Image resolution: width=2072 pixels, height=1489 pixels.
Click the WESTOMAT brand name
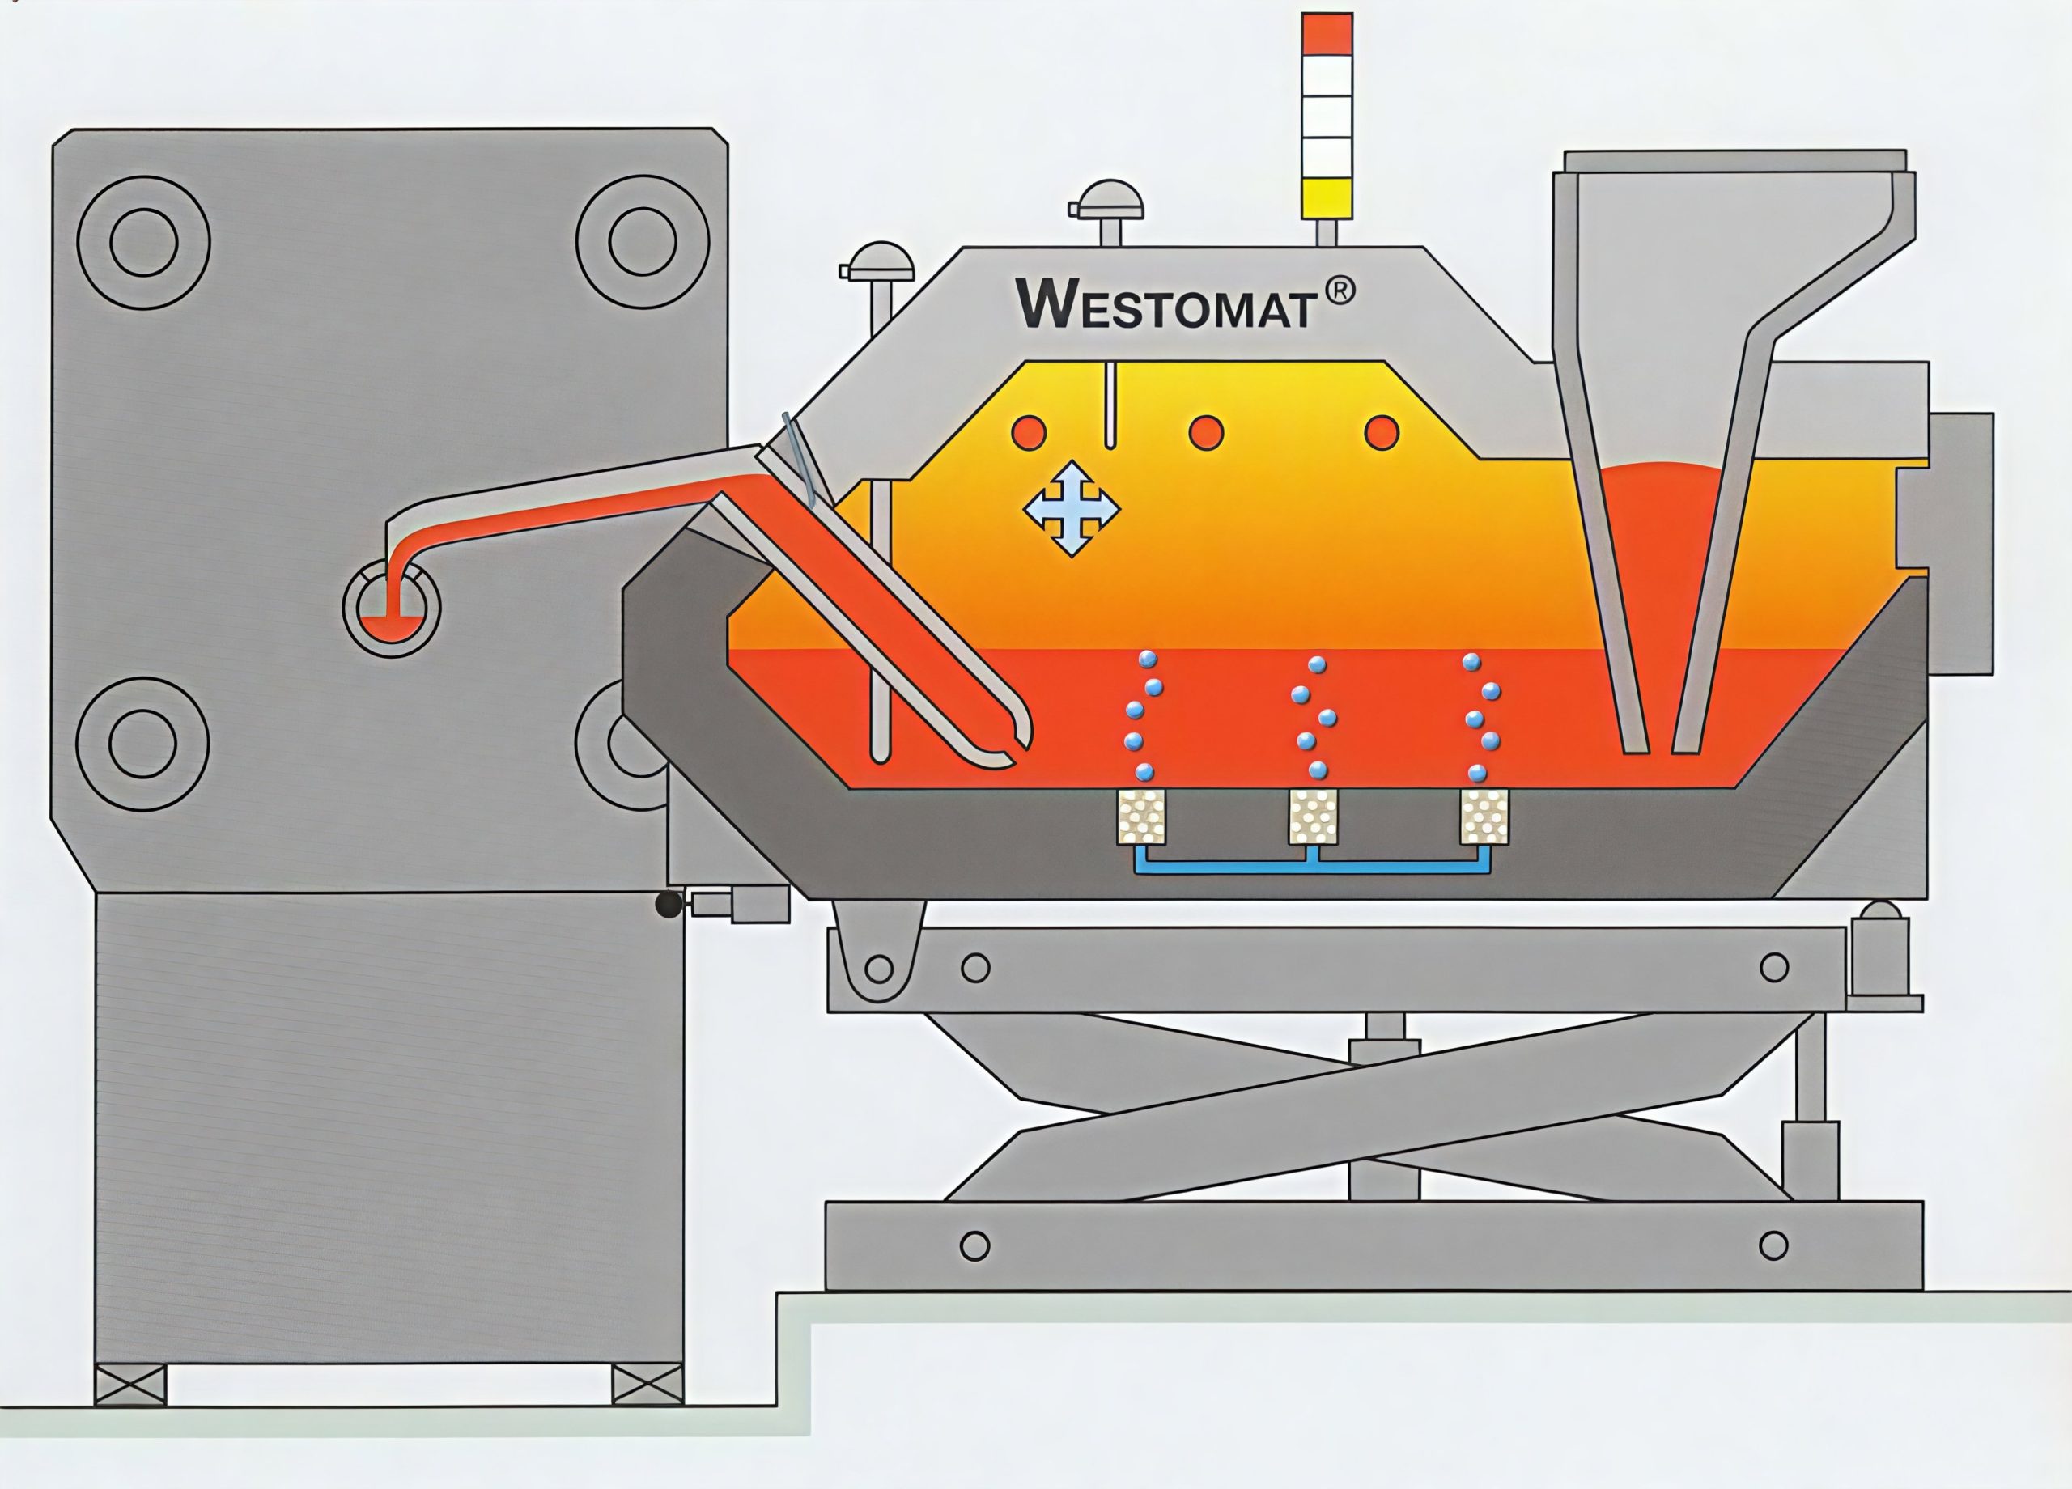click(x=1165, y=303)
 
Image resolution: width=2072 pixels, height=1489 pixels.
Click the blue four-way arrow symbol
click(x=1071, y=508)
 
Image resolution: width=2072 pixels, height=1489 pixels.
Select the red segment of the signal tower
click(x=1327, y=34)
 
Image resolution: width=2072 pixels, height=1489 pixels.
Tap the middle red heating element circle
click(x=1206, y=431)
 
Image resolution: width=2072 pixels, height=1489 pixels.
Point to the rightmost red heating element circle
click(x=1382, y=431)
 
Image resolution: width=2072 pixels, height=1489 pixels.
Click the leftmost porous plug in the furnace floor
click(x=1141, y=816)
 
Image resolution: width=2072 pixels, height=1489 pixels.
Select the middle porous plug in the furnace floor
click(x=1313, y=816)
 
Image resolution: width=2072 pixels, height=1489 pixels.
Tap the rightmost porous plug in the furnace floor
click(x=1484, y=816)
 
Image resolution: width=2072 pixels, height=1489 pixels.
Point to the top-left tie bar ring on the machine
click(x=143, y=242)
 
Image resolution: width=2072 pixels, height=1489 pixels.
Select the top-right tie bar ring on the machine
click(x=643, y=242)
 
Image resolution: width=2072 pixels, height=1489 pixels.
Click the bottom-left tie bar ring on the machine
click(x=142, y=742)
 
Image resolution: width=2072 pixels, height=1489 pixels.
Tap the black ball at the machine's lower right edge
click(x=669, y=905)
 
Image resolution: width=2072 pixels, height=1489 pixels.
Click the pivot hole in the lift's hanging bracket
click(x=879, y=966)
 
